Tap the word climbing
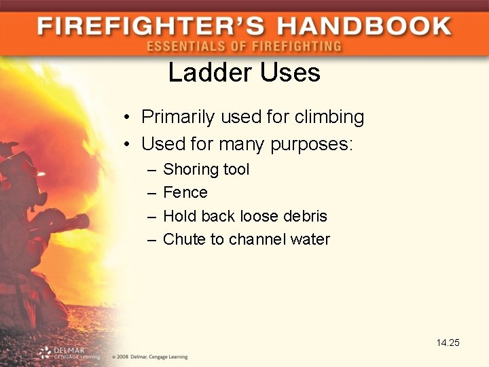pyautogui.click(x=329, y=117)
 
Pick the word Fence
pyautogui.click(x=185, y=192)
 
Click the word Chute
pyautogui.click(x=183, y=239)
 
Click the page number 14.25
pyautogui.click(x=448, y=343)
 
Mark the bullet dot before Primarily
pyautogui.click(x=128, y=118)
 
